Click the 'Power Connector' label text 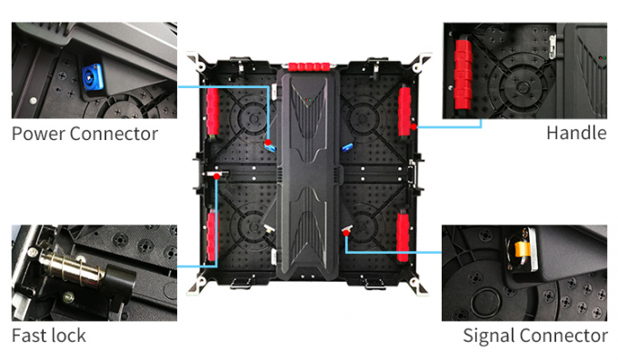[x=85, y=134]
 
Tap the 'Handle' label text [x=575, y=134]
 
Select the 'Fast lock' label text [x=49, y=335]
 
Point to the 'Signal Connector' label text [x=535, y=335]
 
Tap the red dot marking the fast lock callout [x=218, y=175]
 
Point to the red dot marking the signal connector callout [x=345, y=232]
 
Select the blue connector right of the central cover [x=348, y=146]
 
